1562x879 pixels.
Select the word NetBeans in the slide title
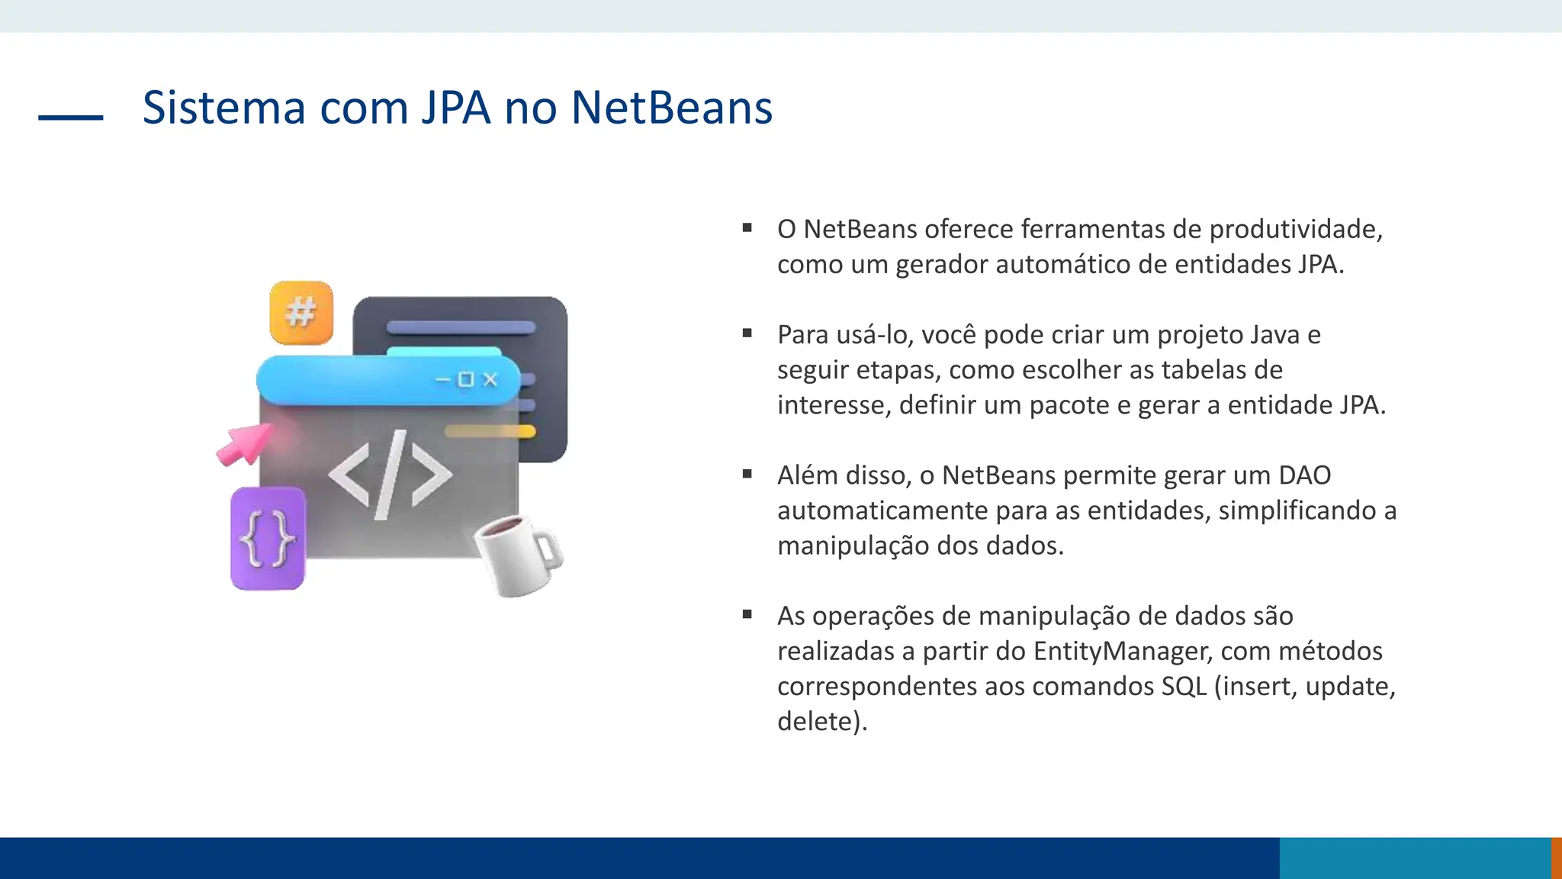[671, 108]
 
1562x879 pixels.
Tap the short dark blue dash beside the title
[70, 118]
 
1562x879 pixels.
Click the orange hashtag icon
[301, 313]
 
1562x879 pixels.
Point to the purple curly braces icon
[268, 539]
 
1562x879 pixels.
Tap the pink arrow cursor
[244, 444]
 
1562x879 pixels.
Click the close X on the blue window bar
[490, 379]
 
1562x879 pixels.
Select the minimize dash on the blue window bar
[442, 379]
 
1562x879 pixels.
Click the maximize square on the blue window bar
[466, 379]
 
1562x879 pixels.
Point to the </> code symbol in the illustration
[390, 475]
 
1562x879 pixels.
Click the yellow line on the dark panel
[490, 432]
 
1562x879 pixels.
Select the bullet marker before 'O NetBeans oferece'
[747, 227]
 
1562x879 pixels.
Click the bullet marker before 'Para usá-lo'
[747, 333]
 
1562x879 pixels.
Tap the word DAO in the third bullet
[1304, 475]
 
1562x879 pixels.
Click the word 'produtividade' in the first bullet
[1296, 229]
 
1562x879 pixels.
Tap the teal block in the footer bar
[1415, 858]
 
